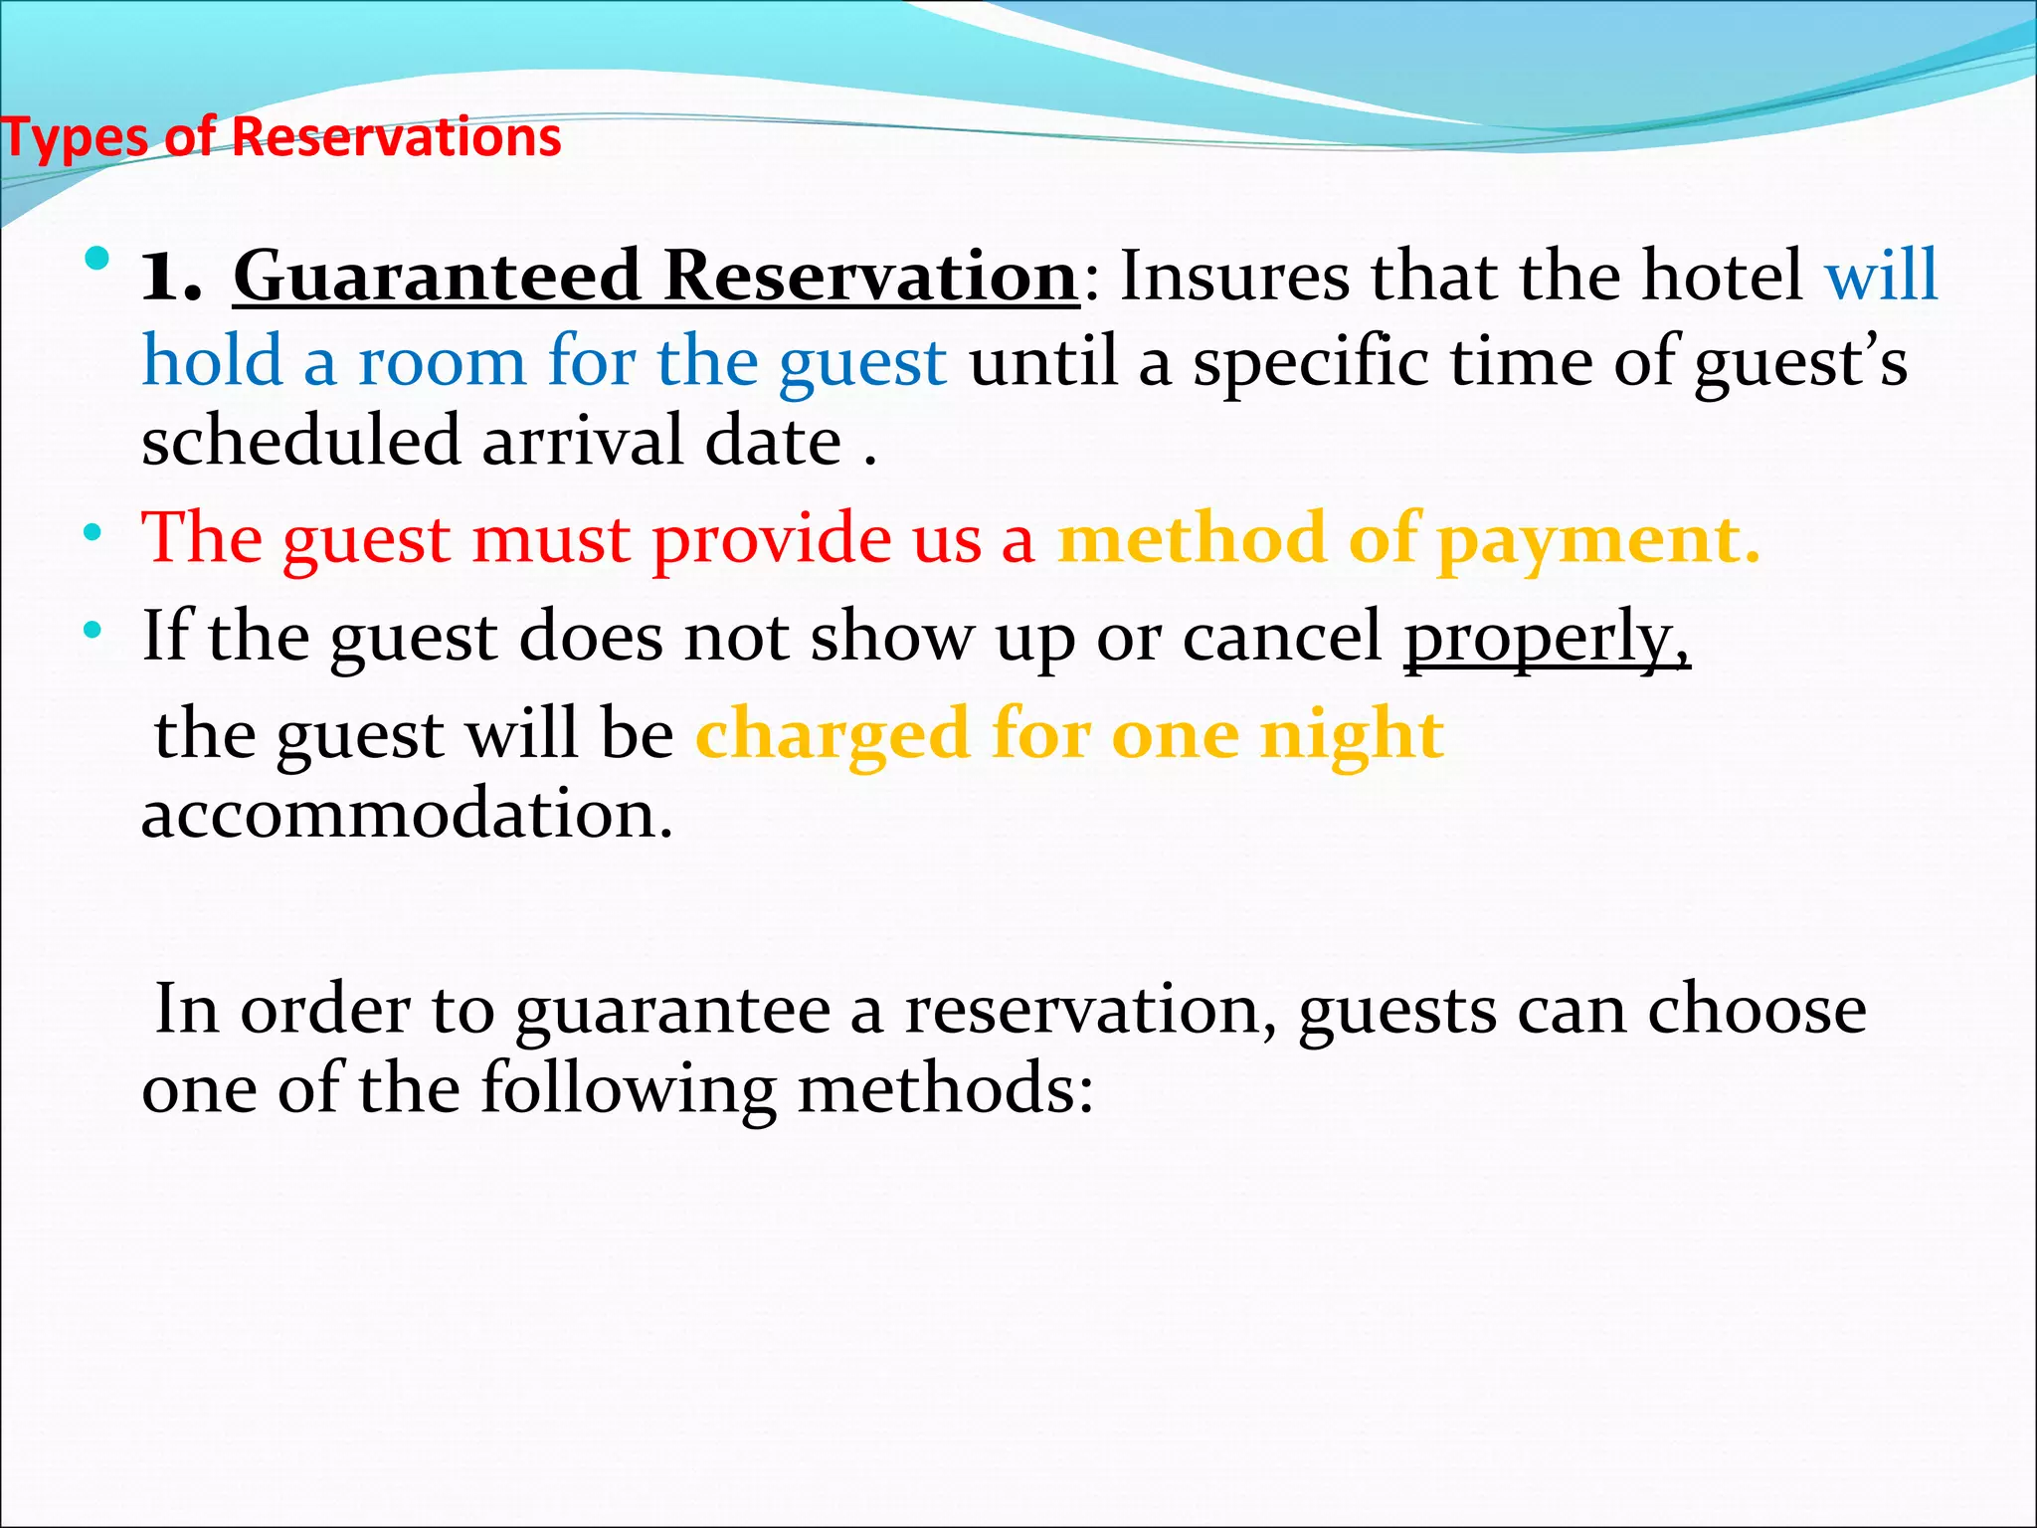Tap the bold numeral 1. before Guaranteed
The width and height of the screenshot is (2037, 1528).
[171, 277]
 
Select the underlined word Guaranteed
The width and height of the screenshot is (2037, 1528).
[436, 276]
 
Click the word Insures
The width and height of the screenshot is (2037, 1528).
[1234, 276]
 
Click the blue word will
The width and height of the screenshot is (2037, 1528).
[1881, 276]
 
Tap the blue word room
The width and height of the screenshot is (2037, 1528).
[442, 361]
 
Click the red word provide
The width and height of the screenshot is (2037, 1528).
[771, 539]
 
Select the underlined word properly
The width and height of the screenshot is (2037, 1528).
[1546, 638]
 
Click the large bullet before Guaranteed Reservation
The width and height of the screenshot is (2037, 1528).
[97, 261]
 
